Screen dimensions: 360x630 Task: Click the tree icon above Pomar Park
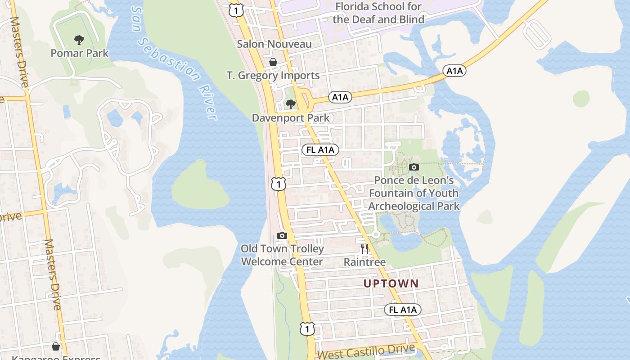click(79, 40)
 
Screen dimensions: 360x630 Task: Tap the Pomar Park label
click(80, 53)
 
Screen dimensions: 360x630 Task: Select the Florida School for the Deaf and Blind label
click(378, 13)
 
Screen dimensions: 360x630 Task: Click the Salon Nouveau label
click(274, 44)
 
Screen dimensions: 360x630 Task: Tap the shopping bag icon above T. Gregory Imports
click(273, 62)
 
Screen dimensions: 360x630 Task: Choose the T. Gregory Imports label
click(273, 76)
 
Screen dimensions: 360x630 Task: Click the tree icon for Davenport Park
click(291, 104)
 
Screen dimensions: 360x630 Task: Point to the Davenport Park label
click(290, 118)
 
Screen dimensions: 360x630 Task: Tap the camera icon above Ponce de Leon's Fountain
click(414, 167)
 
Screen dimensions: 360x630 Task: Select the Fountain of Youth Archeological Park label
click(414, 193)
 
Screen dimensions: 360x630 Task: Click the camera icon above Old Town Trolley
click(282, 235)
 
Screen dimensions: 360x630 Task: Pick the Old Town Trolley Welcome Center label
click(282, 255)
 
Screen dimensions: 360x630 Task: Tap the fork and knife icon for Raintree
click(364, 248)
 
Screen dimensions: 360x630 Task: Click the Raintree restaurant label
click(364, 262)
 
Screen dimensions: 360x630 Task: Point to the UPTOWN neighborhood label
click(391, 283)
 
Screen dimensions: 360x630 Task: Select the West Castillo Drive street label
click(366, 351)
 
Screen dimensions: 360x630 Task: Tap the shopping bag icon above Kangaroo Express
click(56, 346)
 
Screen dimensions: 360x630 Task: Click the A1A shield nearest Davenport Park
click(340, 97)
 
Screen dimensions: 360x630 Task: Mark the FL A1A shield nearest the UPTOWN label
click(403, 310)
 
